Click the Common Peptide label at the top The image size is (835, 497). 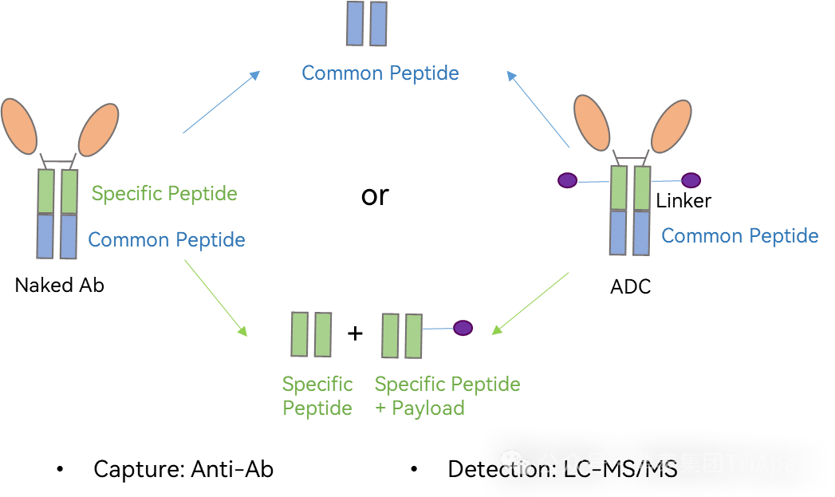380,73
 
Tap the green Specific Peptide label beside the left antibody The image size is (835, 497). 164,193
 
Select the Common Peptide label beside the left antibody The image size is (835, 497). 167,240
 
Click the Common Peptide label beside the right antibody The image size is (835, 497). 740,236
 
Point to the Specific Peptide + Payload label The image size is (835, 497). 447,396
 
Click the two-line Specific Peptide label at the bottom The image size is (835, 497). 317,396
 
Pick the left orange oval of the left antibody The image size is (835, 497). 19,126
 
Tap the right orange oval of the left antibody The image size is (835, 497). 97,130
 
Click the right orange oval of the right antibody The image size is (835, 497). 672,125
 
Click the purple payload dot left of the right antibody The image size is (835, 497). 567,181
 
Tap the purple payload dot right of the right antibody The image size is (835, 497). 691,181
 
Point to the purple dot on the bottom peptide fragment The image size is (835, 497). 463,328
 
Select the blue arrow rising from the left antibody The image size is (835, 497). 221,102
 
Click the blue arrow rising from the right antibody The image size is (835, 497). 538,109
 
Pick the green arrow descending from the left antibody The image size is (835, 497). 216,298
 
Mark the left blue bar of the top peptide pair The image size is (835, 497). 355,23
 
